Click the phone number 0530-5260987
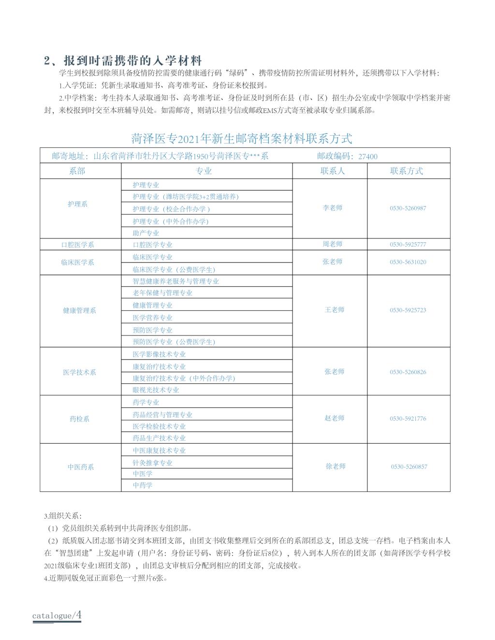pos(408,209)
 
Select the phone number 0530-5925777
pos(408,245)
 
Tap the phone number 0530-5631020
pos(408,262)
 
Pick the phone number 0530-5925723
pos(408,310)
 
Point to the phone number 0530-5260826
pos(408,372)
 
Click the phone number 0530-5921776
pos(408,419)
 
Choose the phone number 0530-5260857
pos(409,467)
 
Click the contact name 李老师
pos(333,208)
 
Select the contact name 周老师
pos(333,244)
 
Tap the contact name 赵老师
pos(335,418)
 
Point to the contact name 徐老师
pos(335,467)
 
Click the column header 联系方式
pos(407,171)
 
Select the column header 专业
pos(204,171)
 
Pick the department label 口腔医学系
pos(77,245)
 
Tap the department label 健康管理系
pos(79,311)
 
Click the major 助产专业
pos(146,233)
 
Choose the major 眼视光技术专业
pos(156,390)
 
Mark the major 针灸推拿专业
pos(153,463)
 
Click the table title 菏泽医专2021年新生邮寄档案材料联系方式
pos(242,139)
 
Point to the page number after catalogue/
pos(78,615)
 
